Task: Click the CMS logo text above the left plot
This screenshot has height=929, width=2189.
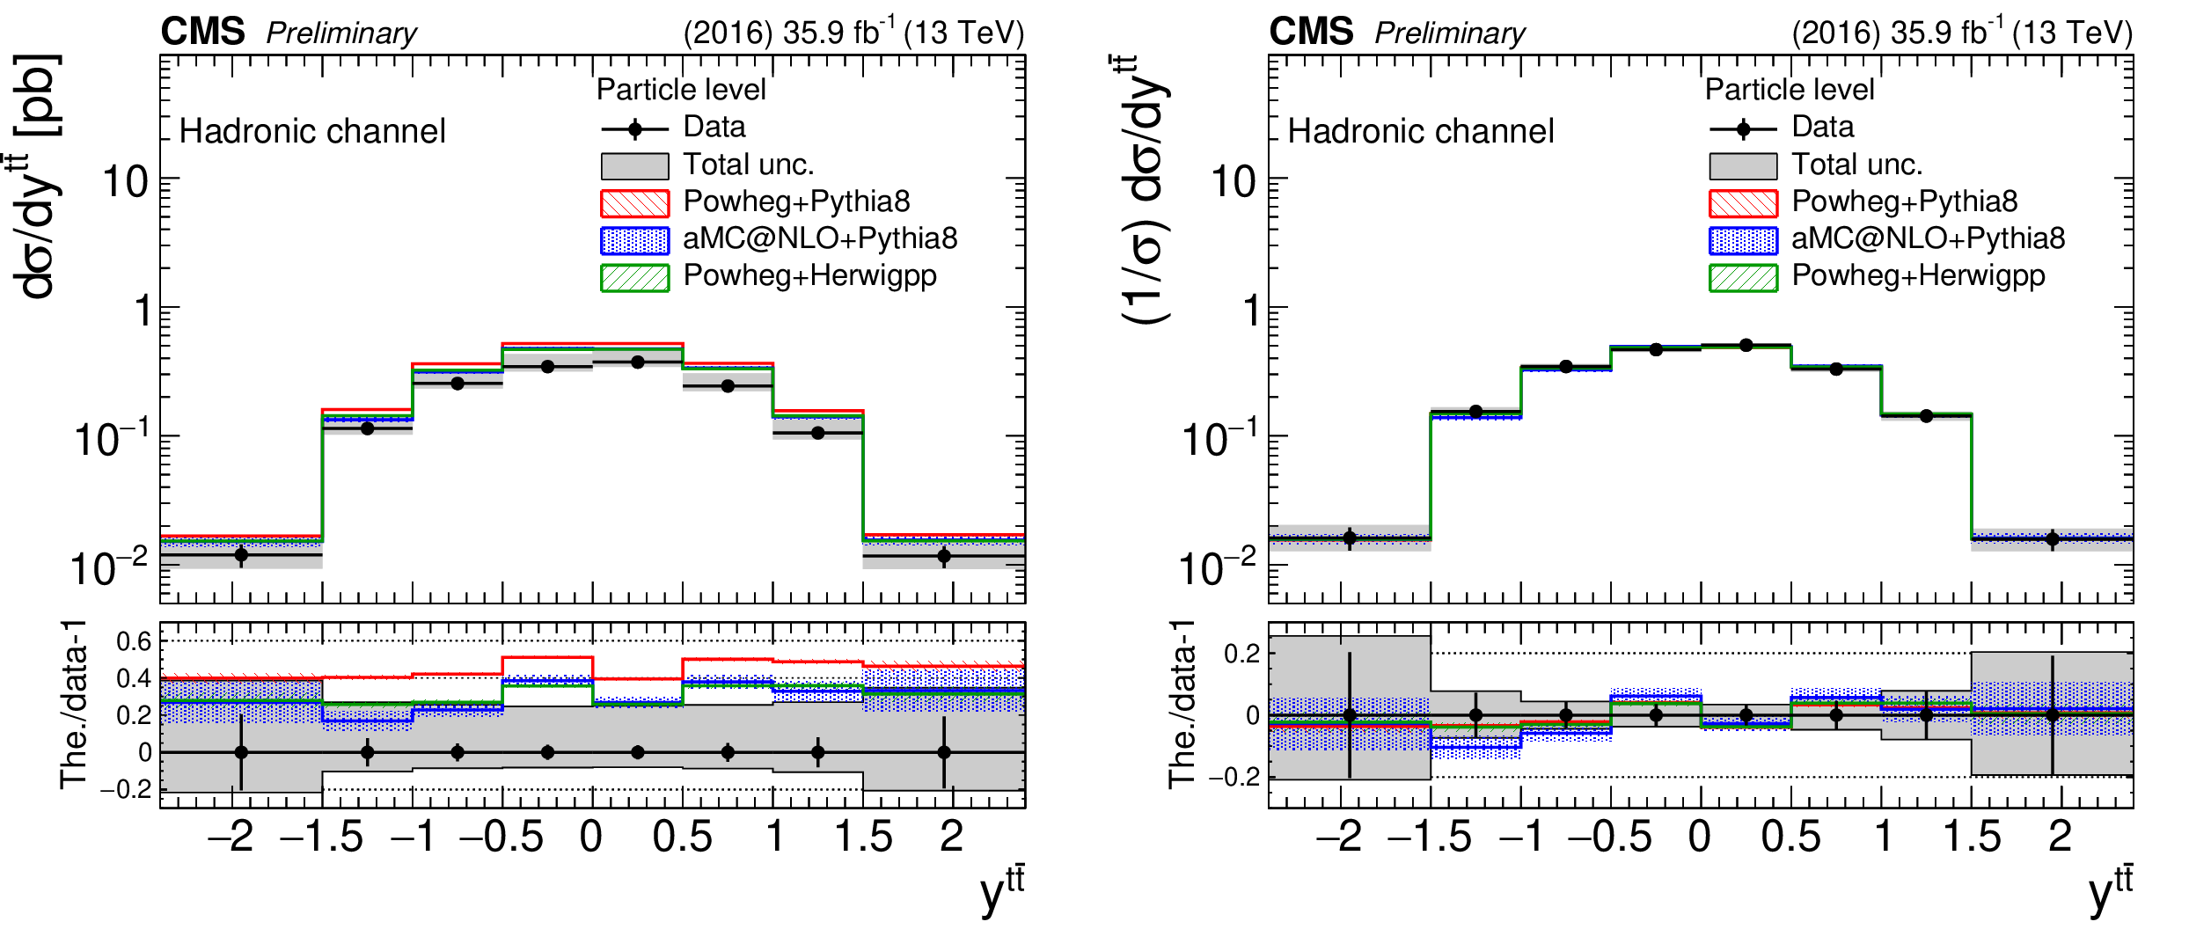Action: (x=202, y=33)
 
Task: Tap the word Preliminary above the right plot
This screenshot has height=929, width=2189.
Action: (x=1450, y=33)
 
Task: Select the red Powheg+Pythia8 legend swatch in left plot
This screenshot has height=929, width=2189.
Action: (x=634, y=202)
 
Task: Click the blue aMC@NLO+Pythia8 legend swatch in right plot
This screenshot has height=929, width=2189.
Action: (x=1743, y=240)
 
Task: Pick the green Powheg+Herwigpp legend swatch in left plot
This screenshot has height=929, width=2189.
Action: (x=634, y=277)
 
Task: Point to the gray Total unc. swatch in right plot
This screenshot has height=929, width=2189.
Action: (x=1743, y=165)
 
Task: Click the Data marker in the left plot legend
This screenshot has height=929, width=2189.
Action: (x=635, y=129)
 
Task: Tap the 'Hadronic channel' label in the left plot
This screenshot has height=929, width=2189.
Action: (x=312, y=131)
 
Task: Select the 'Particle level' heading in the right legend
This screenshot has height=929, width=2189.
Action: (x=1790, y=90)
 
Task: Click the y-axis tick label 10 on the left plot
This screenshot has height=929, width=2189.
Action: (x=126, y=182)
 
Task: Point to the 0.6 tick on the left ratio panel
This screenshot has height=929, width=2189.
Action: (x=134, y=641)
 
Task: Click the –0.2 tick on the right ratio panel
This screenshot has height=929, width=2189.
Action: (x=1234, y=778)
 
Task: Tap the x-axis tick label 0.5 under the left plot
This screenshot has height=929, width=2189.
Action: (x=682, y=836)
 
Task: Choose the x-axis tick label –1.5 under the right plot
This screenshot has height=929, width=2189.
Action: (x=1429, y=836)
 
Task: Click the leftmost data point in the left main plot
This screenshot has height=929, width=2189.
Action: (x=241, y=555)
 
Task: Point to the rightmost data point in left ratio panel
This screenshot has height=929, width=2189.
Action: (x=944, y=752)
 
